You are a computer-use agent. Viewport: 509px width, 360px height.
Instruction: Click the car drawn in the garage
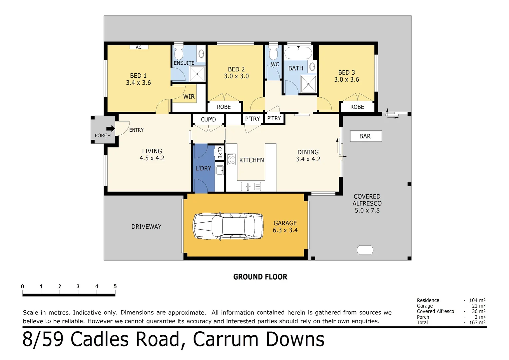228,226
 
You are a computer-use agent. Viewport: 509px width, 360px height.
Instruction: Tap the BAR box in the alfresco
365,136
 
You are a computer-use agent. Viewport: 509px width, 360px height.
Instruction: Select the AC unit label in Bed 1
139,47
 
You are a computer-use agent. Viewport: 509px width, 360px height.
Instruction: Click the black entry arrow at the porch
110,129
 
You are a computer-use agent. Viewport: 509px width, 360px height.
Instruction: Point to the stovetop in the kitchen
231,159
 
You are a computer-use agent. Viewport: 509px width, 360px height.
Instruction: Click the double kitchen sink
251,186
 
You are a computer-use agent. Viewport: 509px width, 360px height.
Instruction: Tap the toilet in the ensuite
179,52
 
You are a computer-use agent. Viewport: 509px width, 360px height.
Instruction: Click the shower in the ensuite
197,74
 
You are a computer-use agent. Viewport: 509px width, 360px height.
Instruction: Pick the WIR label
189,97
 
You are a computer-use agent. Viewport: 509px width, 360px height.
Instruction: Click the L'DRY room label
203,168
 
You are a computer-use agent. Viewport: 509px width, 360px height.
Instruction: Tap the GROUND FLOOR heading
260,277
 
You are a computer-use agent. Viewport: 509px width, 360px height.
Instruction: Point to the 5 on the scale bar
115,286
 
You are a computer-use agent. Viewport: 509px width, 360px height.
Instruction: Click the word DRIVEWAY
146,227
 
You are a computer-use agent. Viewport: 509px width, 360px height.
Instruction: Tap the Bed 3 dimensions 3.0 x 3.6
346,80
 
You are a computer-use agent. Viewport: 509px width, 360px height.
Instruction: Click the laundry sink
220,170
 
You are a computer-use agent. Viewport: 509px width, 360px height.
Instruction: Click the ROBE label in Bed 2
224,107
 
